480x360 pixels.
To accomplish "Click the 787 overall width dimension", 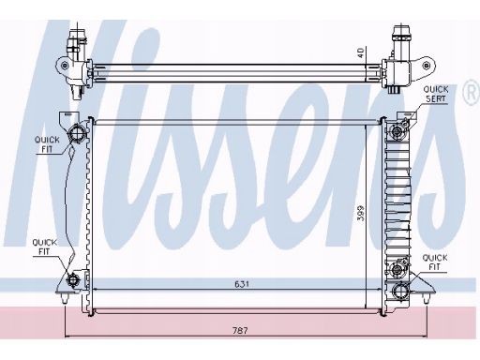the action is [x=240, y=330].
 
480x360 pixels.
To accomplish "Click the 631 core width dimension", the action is [x=242, y=284].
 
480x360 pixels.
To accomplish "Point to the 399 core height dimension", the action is [x=361, y=213].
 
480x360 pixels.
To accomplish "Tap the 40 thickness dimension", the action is [x=361, y=52].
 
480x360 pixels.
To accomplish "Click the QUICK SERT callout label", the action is [x=436, y=94].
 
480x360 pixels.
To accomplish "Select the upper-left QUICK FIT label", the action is [x=47, y=144].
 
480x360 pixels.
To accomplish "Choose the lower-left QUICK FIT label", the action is [x=44, y=247].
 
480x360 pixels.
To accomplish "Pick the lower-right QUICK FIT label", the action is [x=435, y=262].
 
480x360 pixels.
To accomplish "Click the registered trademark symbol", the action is [x=472, y=93].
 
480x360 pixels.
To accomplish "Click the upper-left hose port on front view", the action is [x=77, y=133].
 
